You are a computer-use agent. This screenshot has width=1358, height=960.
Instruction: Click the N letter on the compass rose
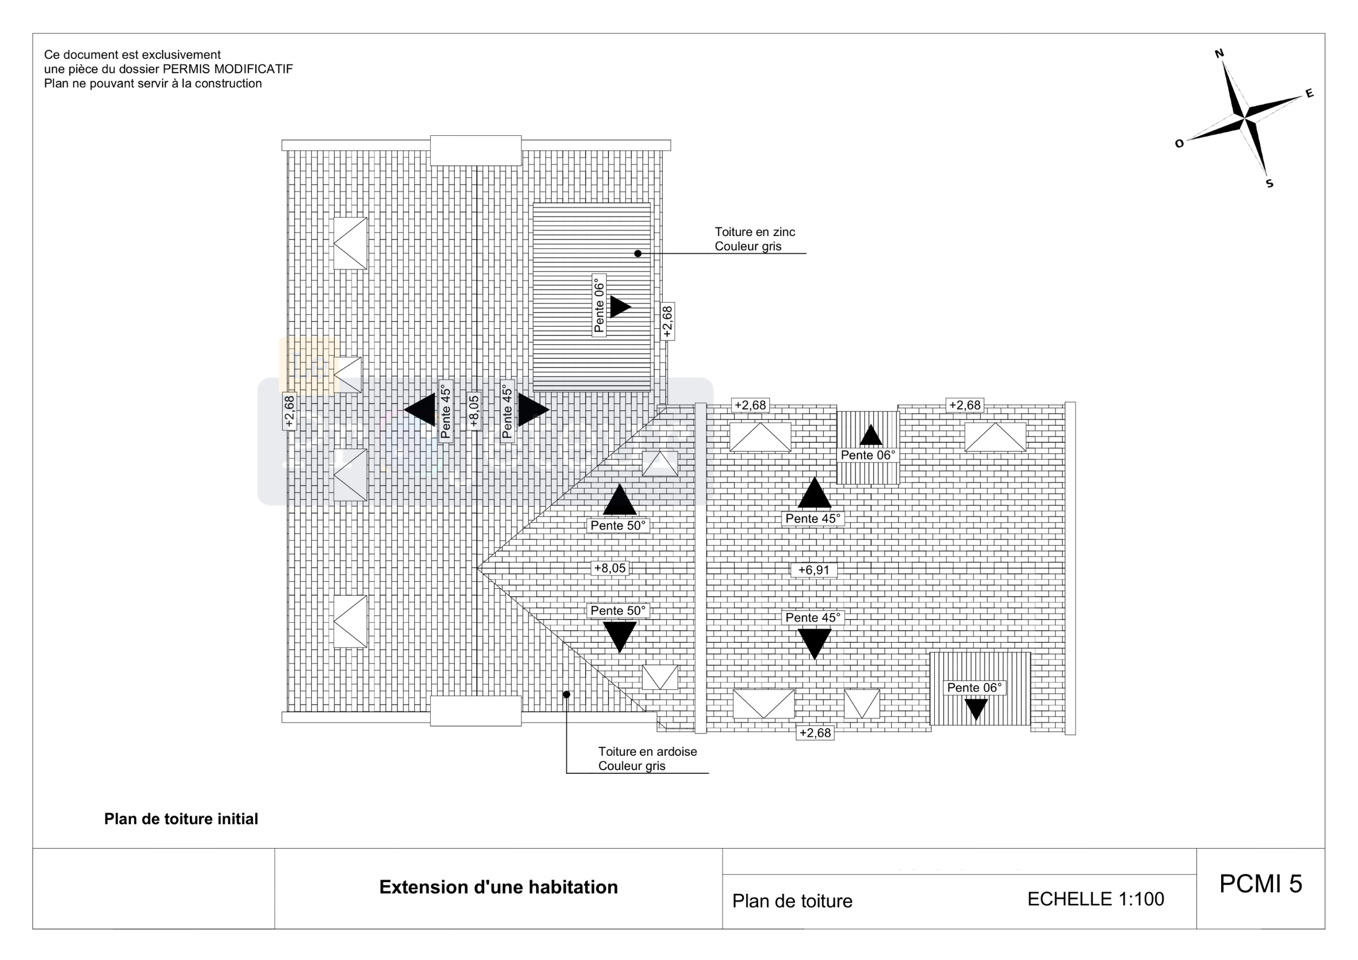point(1219,54)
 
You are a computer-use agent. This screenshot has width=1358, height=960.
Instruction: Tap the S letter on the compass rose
point(1269,184)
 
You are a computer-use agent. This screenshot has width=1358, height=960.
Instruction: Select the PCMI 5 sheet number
point(1260,884)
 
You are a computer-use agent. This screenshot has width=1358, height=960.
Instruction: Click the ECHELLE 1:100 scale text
point(1095,899)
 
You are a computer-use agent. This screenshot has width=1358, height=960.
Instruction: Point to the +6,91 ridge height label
point(814,570)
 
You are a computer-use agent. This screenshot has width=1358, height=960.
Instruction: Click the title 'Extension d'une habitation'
point(498,887)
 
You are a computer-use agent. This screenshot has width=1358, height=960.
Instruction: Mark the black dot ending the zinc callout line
point(638,254)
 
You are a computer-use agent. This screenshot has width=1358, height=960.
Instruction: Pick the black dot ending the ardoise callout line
point(566,694)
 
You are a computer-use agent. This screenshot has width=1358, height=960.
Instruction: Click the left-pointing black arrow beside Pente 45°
point(421,409)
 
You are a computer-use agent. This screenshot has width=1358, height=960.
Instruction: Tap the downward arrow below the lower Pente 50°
point(619,635)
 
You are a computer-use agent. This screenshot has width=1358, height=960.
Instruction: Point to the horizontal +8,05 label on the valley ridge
point(610,569)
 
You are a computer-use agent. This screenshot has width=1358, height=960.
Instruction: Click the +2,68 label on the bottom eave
point(815,733)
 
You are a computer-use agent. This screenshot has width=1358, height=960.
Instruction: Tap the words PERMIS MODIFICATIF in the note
point(228,69)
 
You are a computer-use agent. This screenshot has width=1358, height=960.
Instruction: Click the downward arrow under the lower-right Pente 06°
point(976,709)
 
